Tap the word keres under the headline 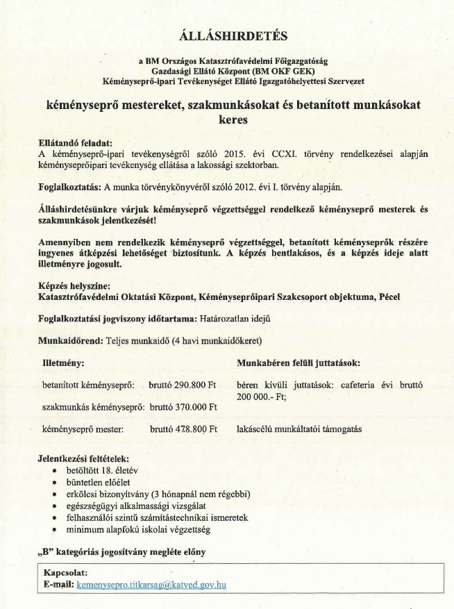pyautogui.click(x=233, y=119)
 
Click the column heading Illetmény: pyautogui.click(x=64, y=362)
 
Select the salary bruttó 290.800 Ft pyautogui.click(x=183, y=384)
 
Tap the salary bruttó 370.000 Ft pyautogui.click(x=183, y=407)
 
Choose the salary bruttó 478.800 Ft pyautogui.click(x=183, y=430)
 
